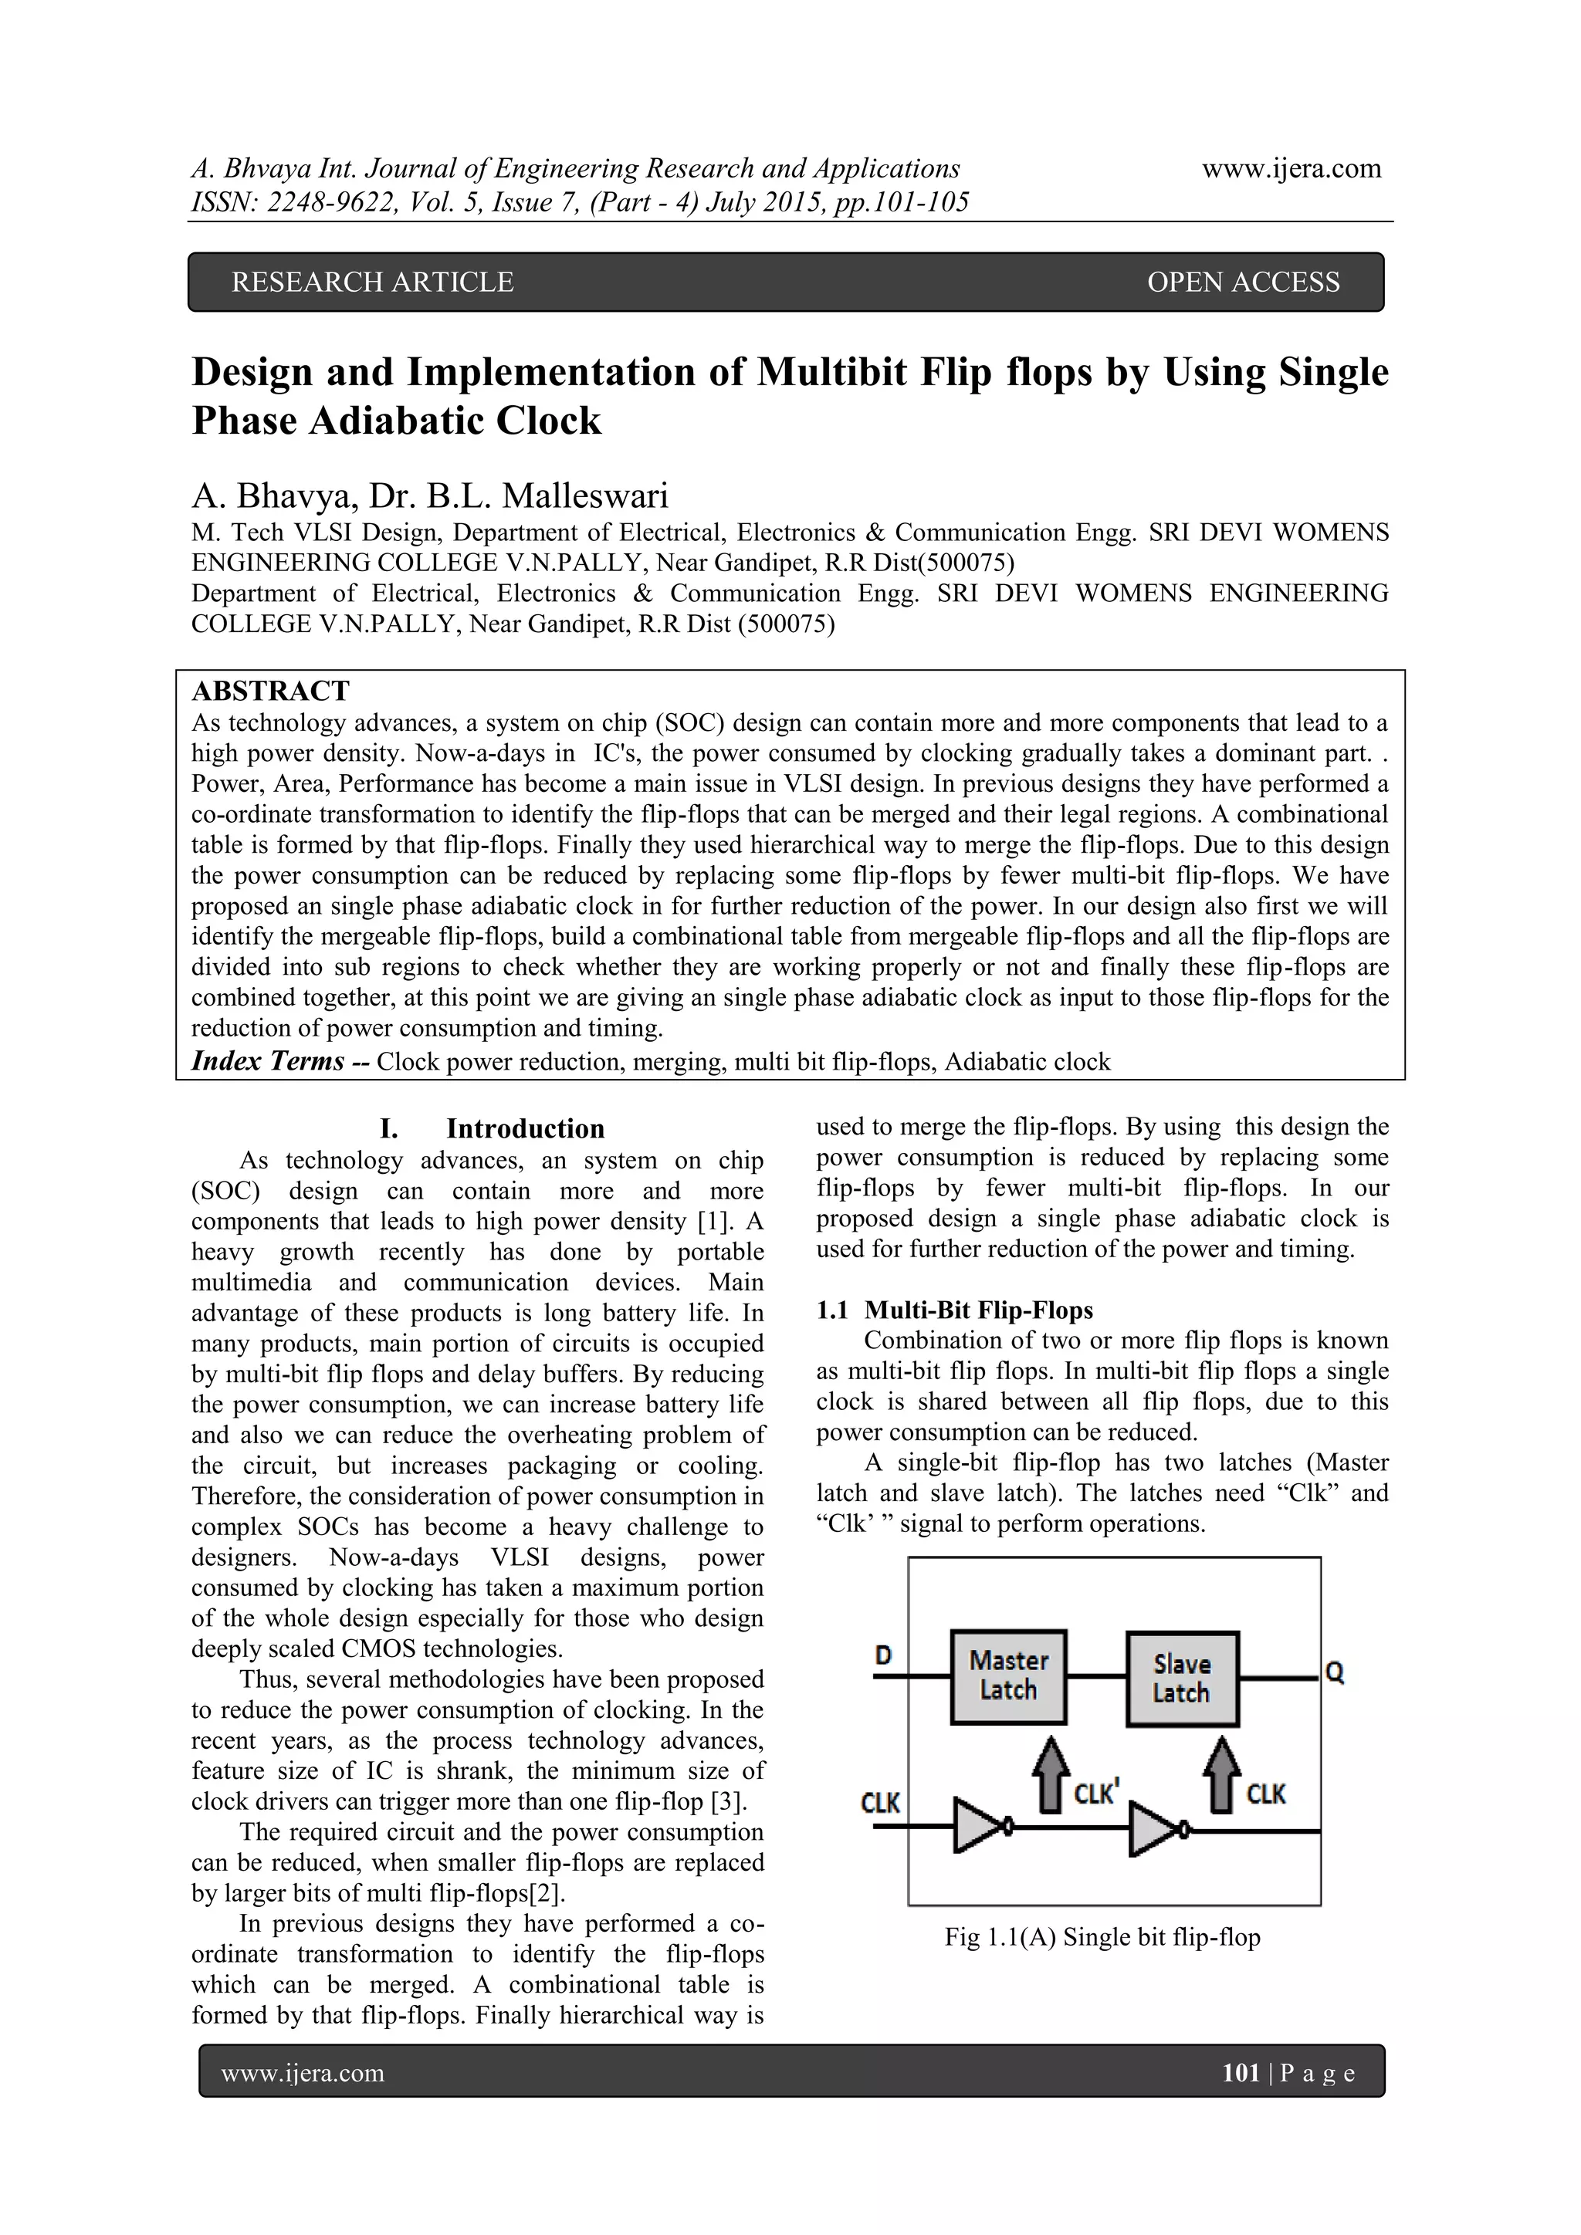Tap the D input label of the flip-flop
883,1655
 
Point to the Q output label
1335,1672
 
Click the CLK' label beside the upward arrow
1096,1793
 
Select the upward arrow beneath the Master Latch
1049,1776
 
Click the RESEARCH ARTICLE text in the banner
372,282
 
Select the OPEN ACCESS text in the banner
1242,282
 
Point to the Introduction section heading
525,1128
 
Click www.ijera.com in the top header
1291,168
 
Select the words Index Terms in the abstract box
268,1061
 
